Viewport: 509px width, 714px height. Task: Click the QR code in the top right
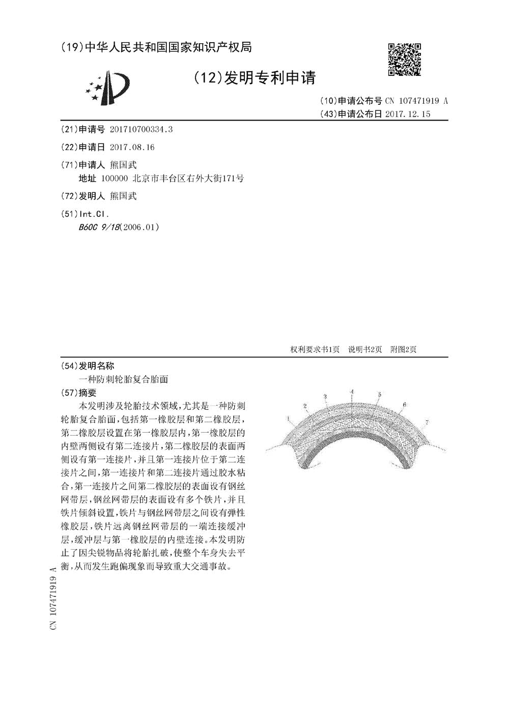405,60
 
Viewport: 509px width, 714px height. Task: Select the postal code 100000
115,179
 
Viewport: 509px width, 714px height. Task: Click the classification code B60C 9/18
98,227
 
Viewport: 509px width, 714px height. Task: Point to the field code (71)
69,165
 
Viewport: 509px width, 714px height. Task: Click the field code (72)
69,196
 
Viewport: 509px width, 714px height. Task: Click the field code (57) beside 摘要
69,393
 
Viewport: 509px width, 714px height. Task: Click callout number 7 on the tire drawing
426,422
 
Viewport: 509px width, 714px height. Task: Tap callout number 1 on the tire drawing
288,418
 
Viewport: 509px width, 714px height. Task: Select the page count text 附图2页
403,349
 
